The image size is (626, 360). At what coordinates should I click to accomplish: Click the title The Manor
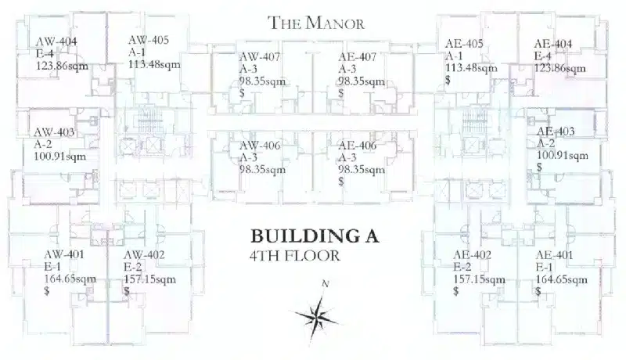(x=316, y=23)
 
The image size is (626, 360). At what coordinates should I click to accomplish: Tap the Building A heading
(x=315, y=236)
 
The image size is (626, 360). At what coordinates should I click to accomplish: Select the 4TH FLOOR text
(x=295, y=255)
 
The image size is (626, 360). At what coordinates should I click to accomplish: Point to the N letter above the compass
(x=326, y=284)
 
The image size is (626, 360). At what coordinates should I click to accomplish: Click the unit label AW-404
(x=56, y=41)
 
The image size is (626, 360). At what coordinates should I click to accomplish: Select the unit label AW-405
(x=149, y=40)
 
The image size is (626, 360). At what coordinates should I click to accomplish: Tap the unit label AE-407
(x=358, y=57)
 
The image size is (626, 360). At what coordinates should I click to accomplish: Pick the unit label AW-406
(x=260, y=146)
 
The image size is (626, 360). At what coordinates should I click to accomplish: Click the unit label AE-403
(x=556, y=131)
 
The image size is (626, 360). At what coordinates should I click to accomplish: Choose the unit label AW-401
(x=64, y=254)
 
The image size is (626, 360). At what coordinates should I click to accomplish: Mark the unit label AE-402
(x=472, y=254)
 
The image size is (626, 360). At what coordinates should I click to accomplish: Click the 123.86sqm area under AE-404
(x=559, y=68)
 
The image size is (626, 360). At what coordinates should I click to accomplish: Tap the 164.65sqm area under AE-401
(x=561, y=279)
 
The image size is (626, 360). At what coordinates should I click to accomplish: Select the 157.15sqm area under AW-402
(x=149, y=279)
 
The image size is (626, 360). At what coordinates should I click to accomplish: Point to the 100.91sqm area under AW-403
(x=60, y=156)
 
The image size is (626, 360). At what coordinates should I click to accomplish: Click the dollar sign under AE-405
(x=448, y=80)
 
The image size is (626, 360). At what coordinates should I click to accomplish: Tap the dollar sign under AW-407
(x=242, y=93)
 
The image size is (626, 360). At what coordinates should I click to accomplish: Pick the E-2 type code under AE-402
(x=462, y=267)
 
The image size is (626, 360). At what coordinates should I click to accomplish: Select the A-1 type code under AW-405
(x=137, y=52)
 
